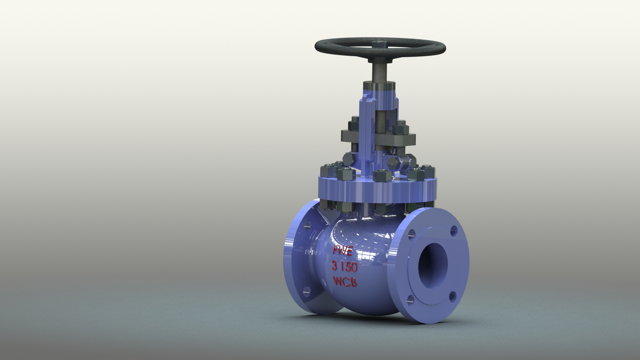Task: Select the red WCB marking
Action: [x=345, y=282]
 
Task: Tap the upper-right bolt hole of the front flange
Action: [x=454, y=230]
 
